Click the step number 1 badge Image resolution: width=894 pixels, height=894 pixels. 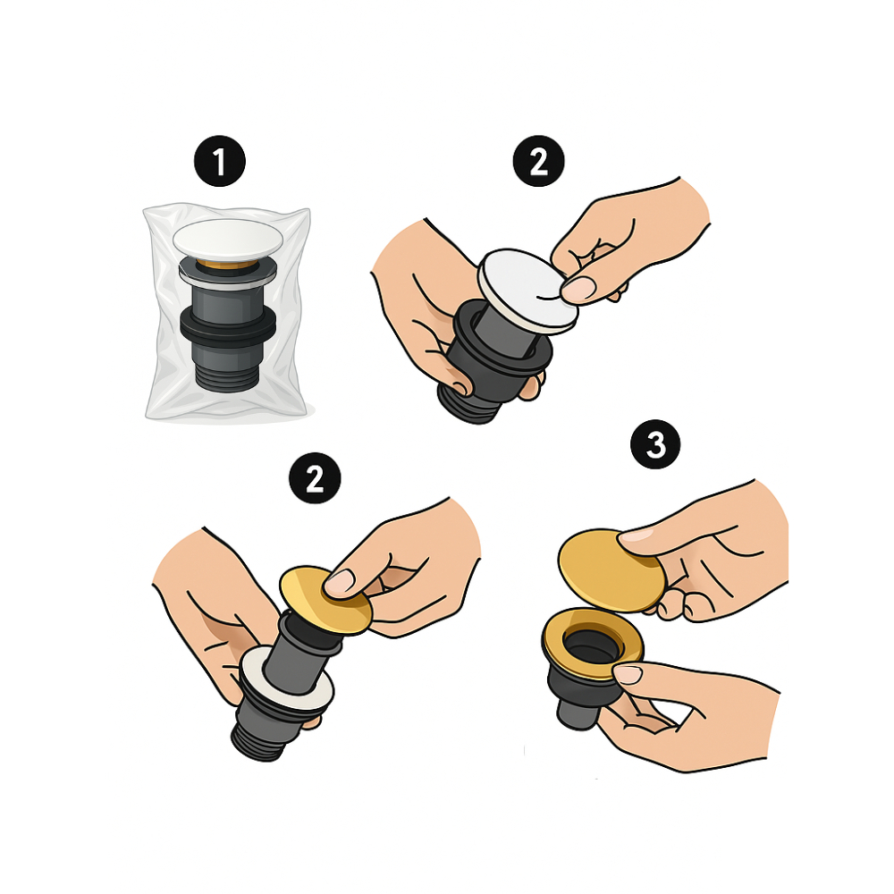[x=220, y=161]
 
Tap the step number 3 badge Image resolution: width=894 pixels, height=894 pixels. [x=655, y=444]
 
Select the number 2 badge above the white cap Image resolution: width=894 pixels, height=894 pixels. [x=539, y=161]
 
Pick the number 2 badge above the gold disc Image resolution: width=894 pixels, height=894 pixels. [x=315, y=477]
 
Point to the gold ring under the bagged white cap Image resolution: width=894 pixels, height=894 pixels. [x=227, y=265]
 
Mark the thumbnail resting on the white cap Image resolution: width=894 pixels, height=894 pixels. [x=578, y=289]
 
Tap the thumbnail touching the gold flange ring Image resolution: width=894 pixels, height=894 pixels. [x=628, y=673]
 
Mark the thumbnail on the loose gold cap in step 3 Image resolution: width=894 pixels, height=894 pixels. [x=637, y=535]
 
